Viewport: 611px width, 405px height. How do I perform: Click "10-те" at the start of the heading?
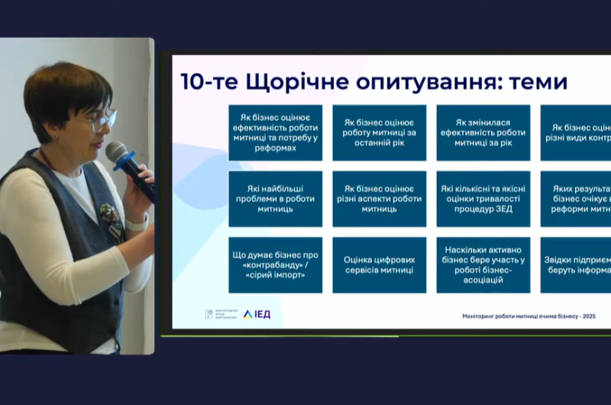click(203, 81)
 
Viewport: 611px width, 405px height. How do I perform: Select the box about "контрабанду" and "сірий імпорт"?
click(275, 265)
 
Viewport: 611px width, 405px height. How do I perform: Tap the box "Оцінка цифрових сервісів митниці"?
click(379, 265)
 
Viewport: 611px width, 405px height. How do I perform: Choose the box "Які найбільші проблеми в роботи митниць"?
click(275, 199)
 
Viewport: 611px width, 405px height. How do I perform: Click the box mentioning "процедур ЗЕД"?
click(483, 199)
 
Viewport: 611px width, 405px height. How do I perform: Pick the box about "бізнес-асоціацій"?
click(483, 265)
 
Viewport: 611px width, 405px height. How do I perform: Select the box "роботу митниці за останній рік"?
click(379, 132)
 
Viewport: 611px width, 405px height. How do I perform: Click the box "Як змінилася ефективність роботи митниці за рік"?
click(483, 132)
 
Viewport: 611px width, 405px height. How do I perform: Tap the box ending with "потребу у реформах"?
click(275, 132)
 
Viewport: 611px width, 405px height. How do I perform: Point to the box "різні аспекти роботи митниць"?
click(379, 199)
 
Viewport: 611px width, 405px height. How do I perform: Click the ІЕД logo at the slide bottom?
click(257, 314)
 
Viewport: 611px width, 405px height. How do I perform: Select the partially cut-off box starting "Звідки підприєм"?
click(576, 265)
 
